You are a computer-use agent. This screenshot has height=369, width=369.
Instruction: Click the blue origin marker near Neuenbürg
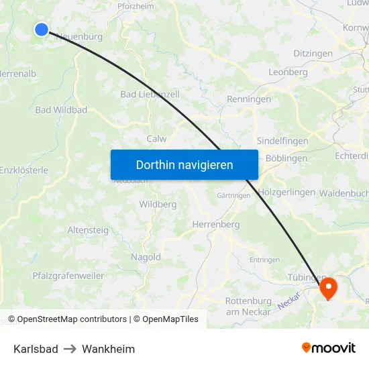(42, 29)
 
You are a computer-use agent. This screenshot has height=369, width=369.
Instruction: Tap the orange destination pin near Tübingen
(328, 288)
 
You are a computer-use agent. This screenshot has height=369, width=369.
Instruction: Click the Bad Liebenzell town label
(150, 95)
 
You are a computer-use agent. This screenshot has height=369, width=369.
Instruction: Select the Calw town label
(156, 139)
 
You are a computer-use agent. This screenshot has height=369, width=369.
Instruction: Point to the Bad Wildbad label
(61, 109)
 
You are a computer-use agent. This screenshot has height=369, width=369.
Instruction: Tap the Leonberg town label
(288, 72)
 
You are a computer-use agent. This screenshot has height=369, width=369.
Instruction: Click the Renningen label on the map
(249, 99)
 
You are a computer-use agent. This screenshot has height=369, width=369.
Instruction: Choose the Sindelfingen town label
(282, 142)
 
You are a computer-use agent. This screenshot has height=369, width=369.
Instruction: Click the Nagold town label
(146, 257)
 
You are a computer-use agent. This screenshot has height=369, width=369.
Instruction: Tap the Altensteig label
(88, 230)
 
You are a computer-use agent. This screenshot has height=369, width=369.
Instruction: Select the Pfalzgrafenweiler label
(68, 275)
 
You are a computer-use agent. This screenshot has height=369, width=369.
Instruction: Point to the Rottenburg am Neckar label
(248, 306)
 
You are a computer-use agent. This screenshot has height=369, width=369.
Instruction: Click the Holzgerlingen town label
(286, 192)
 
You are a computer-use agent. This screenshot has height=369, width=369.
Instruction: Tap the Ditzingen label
(313, 53)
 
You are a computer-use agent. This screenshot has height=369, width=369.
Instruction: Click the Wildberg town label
(158, 204)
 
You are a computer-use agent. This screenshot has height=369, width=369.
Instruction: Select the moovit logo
(329, 348)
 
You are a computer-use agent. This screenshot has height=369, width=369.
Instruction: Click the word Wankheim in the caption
(108, 349)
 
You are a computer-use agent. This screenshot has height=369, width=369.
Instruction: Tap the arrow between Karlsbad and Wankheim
(70, 349)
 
